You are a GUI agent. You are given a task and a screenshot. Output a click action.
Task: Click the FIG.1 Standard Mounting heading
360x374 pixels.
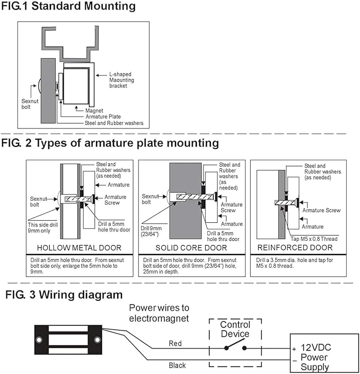(68, 7)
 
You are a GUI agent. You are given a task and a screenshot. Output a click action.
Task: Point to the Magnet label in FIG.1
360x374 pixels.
(94, 110)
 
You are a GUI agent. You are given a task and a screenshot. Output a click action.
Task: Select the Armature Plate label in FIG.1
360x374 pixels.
(103, 117)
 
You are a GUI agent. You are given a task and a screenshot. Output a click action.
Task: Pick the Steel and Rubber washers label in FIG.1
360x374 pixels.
(114, 123)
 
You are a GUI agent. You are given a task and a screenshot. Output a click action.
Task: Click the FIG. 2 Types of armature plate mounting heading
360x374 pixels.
(110, 143)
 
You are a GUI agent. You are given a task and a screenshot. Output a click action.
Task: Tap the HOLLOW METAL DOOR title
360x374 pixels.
(79, 248)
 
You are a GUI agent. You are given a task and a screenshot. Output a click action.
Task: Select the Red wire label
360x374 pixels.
(175, 344)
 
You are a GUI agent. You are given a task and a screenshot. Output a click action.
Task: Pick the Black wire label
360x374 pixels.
(177, 366)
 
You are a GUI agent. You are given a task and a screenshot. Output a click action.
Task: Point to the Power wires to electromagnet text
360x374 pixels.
(159, 313)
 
